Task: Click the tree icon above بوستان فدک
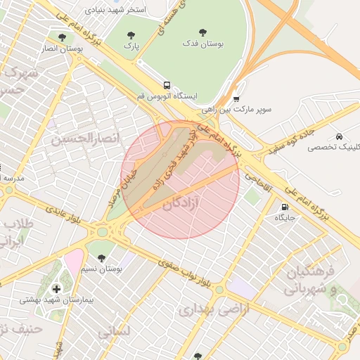pyautogui.click(x=203, y=32)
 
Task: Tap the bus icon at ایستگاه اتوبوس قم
pyautogui.click(x=167, y=84)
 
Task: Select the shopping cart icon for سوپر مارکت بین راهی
pyautogui.click(x=236, y=99)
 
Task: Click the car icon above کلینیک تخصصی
pyautogui.click(x=340, y=136)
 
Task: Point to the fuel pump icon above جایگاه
pyautogui.click(x=284, y=207)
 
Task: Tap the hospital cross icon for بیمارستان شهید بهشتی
pyautogui.click(x=56, y=288)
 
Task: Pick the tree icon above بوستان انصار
pyautogui.click(x=63, y=37)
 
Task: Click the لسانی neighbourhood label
pyautogui.click(x=112, y=330)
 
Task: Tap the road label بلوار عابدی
pyautogui.click(x=64, y=215)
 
